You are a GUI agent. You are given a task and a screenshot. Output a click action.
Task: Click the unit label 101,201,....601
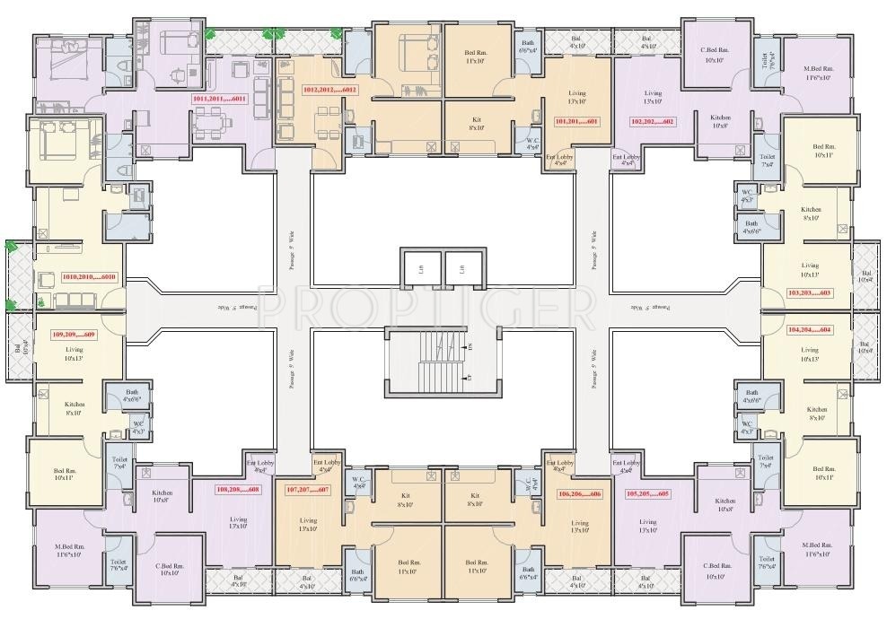tap(576, 121)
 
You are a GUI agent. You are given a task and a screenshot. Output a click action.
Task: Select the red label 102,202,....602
tap(652, 121)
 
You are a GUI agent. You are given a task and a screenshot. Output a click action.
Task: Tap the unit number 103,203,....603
tap(809, 293)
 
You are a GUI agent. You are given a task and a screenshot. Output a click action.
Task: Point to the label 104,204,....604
tap(809, 329)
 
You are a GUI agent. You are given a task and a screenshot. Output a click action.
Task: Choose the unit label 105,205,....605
tap(648, 494)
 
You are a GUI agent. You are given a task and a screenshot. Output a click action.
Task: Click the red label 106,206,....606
tap(580, 494)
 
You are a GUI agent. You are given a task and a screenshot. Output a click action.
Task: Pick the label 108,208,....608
tap(237, 489)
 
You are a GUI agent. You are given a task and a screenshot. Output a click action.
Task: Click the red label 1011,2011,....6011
tap(219, 98)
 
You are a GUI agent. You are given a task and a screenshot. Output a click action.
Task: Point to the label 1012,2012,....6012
tap(330, 90)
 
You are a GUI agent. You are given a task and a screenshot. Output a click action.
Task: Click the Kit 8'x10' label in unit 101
tap(477, 123)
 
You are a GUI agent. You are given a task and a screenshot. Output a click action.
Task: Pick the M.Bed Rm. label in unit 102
tap(818, 73)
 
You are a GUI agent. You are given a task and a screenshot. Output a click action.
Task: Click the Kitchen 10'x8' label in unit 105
tap(725, 505)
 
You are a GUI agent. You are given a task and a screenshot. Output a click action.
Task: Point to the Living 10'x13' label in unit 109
tap(74, 354)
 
